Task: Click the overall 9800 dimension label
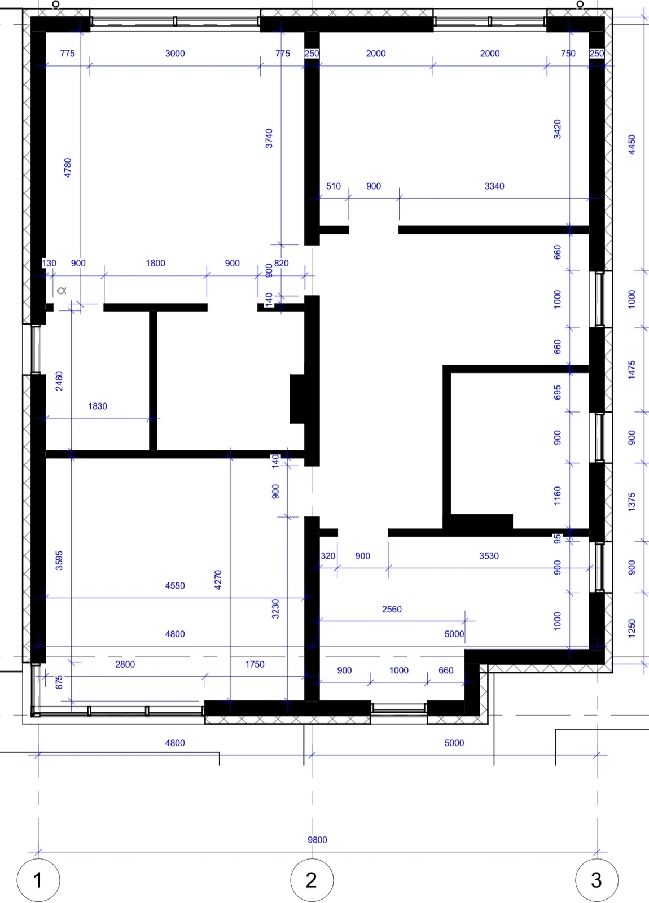[317, 840]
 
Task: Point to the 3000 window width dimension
[175, 53]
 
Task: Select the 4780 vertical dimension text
[68, 168]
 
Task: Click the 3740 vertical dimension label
[269, 138]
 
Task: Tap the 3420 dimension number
[557, 129]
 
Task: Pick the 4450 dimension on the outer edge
[632, 144]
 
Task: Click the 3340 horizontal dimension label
[494, 186]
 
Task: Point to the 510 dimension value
[334, 186]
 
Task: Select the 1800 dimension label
[155, 263]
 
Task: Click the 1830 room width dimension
[98, 406]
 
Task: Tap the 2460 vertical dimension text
[59, 381]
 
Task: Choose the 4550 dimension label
[175, 585]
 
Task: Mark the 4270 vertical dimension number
[218, 579]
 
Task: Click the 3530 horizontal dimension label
[489, 555]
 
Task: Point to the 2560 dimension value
[392, 609]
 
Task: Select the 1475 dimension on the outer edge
[632, 369]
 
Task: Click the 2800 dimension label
[125, 664]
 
